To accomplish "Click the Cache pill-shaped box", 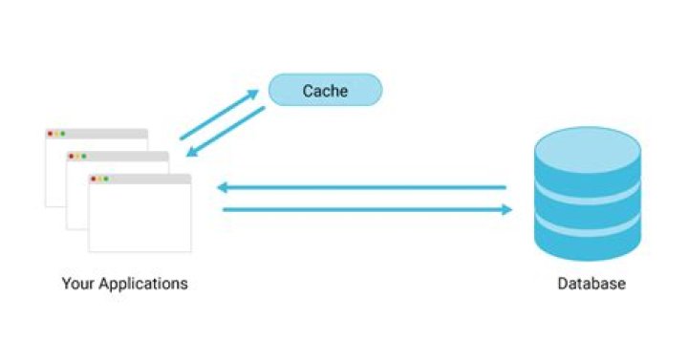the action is [325, 90].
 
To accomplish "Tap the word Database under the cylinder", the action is [591, 284].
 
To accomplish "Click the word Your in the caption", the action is [78, 284].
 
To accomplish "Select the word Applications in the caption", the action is [143, 285].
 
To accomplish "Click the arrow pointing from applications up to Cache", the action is [220, 115].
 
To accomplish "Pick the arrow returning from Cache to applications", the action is [226, 132].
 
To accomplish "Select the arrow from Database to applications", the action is [361, 188].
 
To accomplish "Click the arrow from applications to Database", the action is [368, 209].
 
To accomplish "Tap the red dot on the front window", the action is [93, 179].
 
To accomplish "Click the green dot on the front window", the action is [106, 179].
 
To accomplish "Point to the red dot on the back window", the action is [50, 134].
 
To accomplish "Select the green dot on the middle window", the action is [84, 157].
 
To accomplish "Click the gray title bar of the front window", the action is [140, 179].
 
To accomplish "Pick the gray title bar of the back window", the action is [97, 134].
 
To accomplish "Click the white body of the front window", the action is [140, 218].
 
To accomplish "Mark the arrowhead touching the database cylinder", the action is [507, 209].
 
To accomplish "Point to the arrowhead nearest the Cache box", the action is [253, 94].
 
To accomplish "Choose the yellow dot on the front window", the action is [99, 179].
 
